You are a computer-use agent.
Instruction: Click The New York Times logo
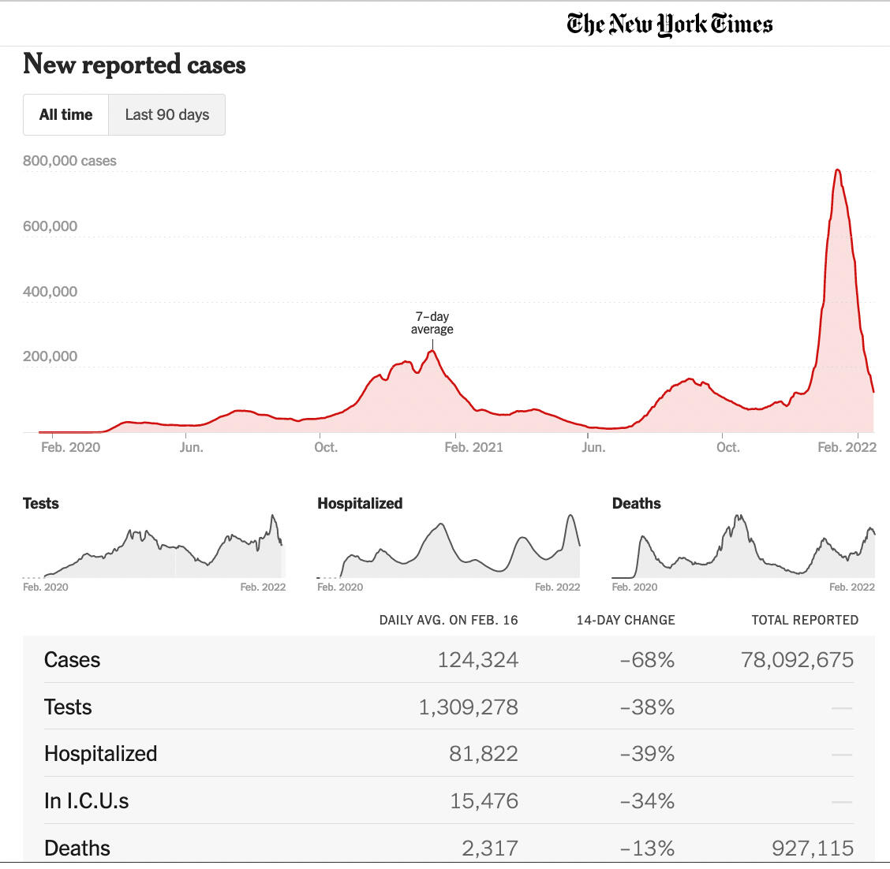click(x=669, y=24)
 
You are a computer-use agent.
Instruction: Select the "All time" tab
click(x=65, y=115)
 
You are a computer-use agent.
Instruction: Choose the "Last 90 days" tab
click(x=167, y=115)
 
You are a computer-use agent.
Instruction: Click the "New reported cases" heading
click(x=134, y=65)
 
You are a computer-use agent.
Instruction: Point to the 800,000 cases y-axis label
click(x=69, y=161)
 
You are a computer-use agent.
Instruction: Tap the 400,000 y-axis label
click(x=50, y=292)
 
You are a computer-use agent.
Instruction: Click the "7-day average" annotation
click(x=432, y=323)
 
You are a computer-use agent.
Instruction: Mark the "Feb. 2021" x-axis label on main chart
click(x=473, y=447)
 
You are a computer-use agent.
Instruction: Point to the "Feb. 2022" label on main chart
click(x=847, y=447)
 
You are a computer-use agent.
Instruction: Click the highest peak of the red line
click(x=837, y=170)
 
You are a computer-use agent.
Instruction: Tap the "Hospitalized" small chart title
click(x=360, y=504)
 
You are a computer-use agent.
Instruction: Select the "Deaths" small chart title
click(x=636, y=504)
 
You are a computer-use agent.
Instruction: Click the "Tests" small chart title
click(x=41, y=504)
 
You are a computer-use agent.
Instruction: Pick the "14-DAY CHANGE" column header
click(x=626, y=621)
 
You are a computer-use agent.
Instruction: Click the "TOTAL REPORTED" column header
click(x=805, y=621)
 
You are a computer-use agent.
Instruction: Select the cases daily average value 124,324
click(x=478, y=660)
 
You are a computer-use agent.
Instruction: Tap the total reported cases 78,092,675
click(x=797, y=660)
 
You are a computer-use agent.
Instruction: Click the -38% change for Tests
click(x=647, y=707)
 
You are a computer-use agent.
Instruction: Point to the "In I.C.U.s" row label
click(x=87, y=801)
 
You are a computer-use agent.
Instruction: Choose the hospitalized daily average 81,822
click(x=484, y=754)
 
